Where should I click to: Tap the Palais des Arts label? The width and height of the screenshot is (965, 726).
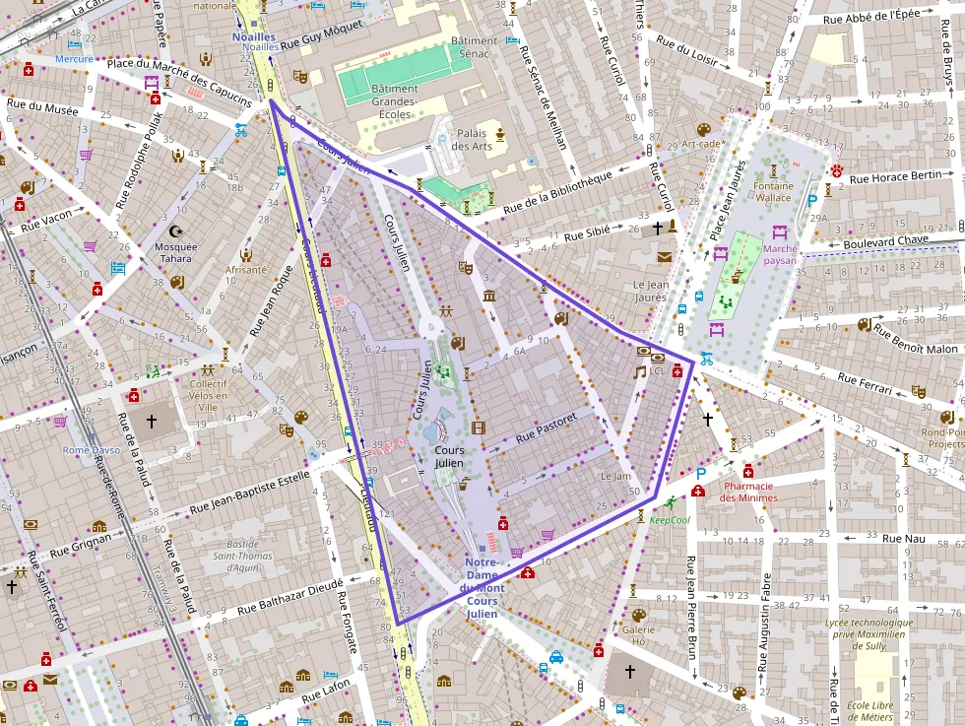(471, 140)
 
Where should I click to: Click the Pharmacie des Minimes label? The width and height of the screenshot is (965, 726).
(749, 492)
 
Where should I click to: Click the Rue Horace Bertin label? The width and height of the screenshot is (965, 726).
(895, 177)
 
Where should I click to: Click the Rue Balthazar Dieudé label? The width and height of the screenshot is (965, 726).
(287, 596)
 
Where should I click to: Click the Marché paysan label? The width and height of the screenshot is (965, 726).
(780, 255)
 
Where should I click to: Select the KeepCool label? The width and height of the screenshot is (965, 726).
(670, 519)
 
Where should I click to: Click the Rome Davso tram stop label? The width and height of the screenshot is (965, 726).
(91, 450)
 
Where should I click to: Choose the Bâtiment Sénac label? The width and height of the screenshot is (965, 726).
(476, 47)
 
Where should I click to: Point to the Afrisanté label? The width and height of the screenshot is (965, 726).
(246, 269)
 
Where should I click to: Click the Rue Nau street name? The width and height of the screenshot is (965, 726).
(904, 538)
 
